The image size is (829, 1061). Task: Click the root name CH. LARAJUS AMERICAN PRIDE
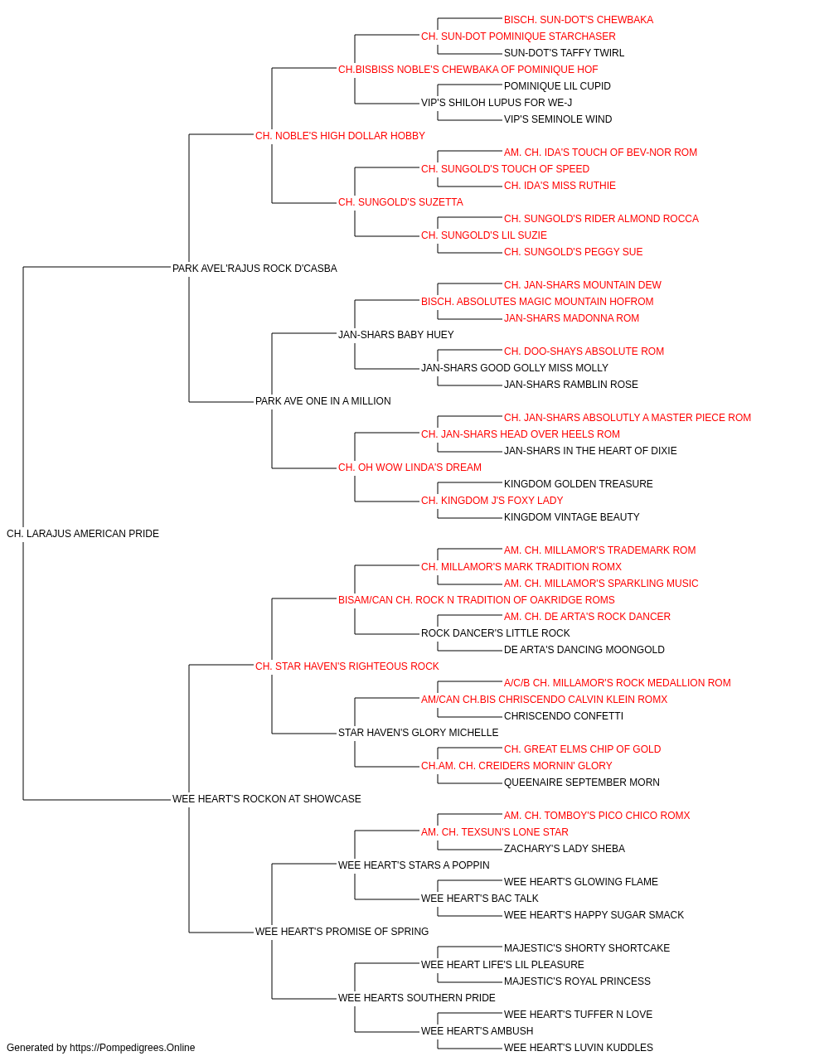[83, 534]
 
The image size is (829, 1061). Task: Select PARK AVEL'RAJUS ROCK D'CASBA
[255, 269]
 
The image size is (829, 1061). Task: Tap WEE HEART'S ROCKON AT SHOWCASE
[267, 799]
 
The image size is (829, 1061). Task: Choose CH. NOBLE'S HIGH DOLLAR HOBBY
[340, 136]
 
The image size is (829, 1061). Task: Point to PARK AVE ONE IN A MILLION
[322, 401]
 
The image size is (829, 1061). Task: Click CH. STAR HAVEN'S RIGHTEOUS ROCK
[347, 666]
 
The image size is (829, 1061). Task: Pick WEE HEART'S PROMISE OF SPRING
[342, 932]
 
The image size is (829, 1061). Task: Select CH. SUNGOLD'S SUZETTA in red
[400, 202]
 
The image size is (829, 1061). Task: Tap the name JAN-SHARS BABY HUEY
[396, 334]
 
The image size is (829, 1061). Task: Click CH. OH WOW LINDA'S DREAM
[410, 468]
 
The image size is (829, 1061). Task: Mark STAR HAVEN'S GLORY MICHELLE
[418, 733]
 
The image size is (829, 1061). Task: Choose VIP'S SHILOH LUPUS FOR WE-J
[497, 103]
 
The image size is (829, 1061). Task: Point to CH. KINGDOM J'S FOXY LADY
[492, 501]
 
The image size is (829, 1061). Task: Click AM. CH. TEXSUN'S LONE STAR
[495, 832]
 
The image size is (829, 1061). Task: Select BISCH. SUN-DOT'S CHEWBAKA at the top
[579, 20]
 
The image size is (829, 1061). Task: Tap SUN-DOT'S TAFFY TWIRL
[564, 53]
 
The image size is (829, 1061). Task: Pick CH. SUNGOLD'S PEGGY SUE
[573, 252]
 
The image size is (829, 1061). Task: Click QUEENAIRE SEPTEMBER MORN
[581, 782]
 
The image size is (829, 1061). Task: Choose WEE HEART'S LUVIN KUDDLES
[578, 1048]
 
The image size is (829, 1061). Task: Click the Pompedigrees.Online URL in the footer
[133, 1048]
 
